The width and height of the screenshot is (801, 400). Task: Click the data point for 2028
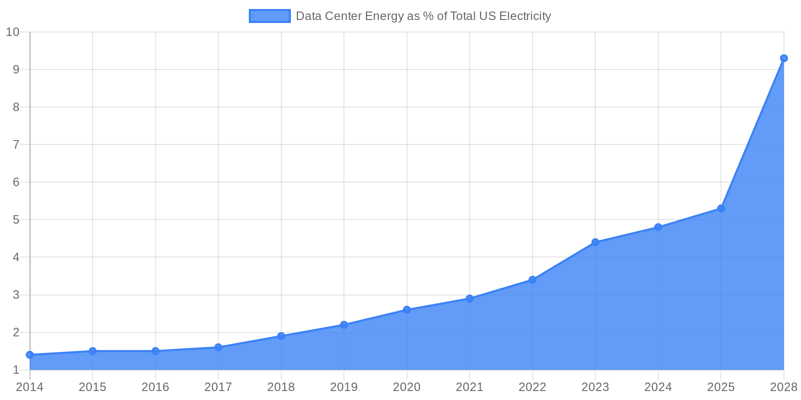click(783, 58)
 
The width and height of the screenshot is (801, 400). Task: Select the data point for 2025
click(721, 208)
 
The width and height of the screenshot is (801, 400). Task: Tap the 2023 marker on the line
click(595, 242)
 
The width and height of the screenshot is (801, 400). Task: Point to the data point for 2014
click(30, 355)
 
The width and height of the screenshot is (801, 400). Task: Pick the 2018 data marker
click(281, 336)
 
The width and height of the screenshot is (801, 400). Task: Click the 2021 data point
click(470, 298)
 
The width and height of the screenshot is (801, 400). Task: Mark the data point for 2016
click(156, 351)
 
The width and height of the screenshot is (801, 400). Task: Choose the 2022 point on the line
click(532, 279)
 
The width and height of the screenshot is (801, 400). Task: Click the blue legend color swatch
click(269, 16)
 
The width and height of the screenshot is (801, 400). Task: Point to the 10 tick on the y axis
click(13, 32)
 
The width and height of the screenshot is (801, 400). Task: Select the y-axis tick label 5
click(16, 220)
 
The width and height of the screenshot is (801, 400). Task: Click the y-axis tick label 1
click(16, 370)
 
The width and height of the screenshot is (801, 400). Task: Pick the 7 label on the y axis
click(16, 145)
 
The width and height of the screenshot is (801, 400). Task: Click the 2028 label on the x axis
click(783, 387)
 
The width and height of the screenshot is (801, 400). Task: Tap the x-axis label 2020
click(407, 387)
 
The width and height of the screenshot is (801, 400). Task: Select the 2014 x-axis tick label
click(30, 387)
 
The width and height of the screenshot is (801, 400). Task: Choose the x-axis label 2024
click(658, 387)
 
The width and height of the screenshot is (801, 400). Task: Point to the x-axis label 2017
click(218, 387)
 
